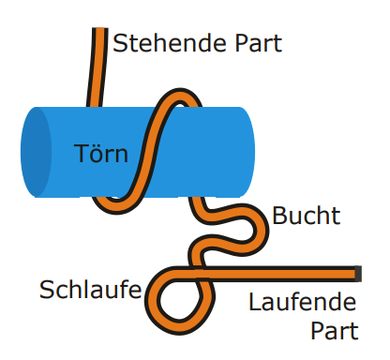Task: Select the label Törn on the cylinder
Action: [x=101, y=153]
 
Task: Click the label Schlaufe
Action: [x=89, y=289]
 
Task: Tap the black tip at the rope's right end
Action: [x=358, y=273]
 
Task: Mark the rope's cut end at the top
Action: [x=97, y=32]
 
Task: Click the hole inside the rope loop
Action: [x=175, y=302]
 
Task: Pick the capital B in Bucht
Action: [x=279, y=217]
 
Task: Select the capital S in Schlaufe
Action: [x=46, y=289]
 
